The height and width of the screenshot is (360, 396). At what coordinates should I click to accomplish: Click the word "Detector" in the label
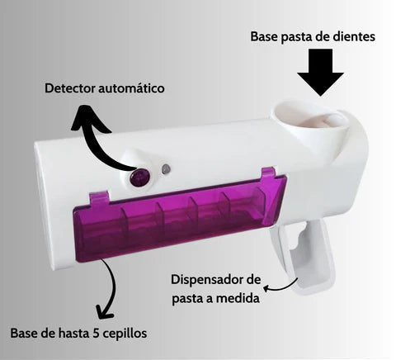coord(70,88)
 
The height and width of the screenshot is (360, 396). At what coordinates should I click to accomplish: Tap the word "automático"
coord(131,88)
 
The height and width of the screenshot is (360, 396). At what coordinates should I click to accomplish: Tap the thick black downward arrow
coord(320,72)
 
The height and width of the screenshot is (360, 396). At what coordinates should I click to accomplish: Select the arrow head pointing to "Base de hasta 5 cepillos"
coord(105,311)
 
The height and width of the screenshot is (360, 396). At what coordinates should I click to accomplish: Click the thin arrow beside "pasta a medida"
coord(280,287)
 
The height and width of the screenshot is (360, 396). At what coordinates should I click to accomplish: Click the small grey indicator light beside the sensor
coord(166,168)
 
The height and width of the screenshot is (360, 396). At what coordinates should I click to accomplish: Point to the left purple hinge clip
coord(99,198)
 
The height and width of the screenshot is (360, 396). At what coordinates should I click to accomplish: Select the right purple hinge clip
coord(268,173)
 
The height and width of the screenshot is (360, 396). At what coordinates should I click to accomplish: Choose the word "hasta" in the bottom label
coord(73,334)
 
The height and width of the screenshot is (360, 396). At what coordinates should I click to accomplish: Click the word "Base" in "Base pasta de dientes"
coord(264,37)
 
